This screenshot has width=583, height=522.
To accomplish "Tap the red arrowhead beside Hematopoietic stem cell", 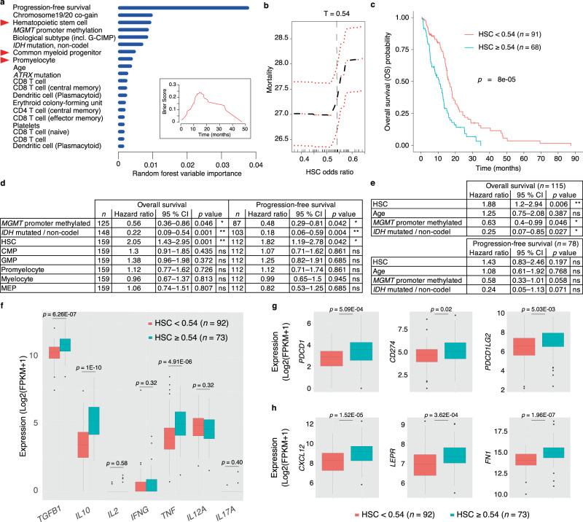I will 6,23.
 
